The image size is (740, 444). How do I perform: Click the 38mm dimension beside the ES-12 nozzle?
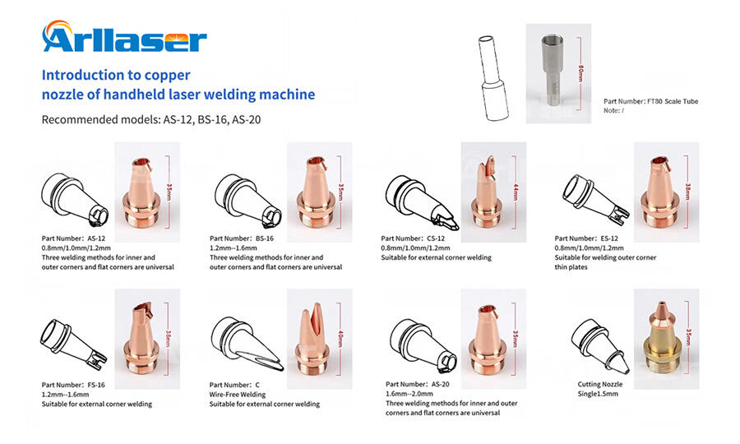(x=687, y=191)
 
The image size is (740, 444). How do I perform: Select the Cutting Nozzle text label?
(x=600, y=384)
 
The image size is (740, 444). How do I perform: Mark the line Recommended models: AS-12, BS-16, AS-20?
(x=152, y=119)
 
